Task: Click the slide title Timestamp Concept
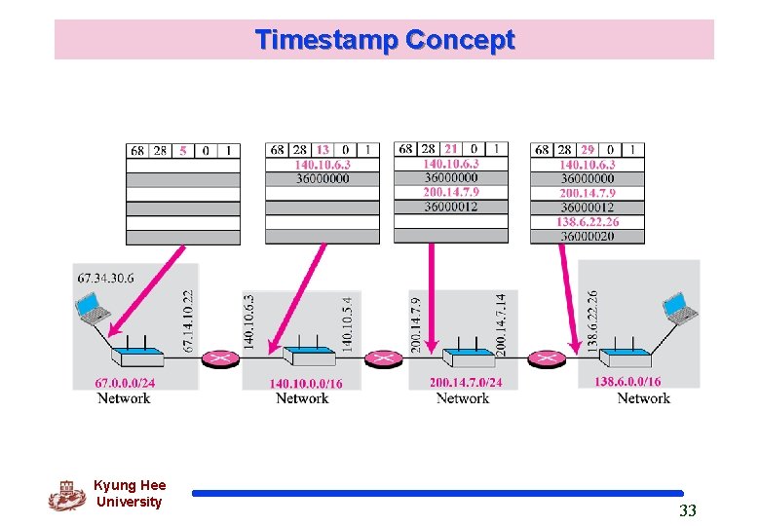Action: coord(385,40)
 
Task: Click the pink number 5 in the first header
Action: coord(183,150)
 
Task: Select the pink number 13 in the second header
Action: coord(323,150)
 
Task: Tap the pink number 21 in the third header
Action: coord(451,149)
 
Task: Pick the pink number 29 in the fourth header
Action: coord(588,150)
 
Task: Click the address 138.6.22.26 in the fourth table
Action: coord(588,222)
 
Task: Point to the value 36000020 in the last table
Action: coord(588,236)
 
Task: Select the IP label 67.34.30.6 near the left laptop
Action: coord(105,279)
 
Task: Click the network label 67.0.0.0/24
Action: coord(125,383)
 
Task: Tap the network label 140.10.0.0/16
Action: coord(306,384)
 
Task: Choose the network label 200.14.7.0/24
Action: coord(466,383)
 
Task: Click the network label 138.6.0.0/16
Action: coord(627,382)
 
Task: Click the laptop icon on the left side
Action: coord(95,311)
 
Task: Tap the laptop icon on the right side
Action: coord(680,309)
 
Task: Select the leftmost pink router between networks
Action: coord(220,359)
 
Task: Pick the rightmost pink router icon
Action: coord(546,359)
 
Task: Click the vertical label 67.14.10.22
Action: coord(189,320)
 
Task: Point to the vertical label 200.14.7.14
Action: coord(501,323)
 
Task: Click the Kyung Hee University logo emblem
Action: coord(67,495)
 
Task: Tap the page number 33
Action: coord(688,510)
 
